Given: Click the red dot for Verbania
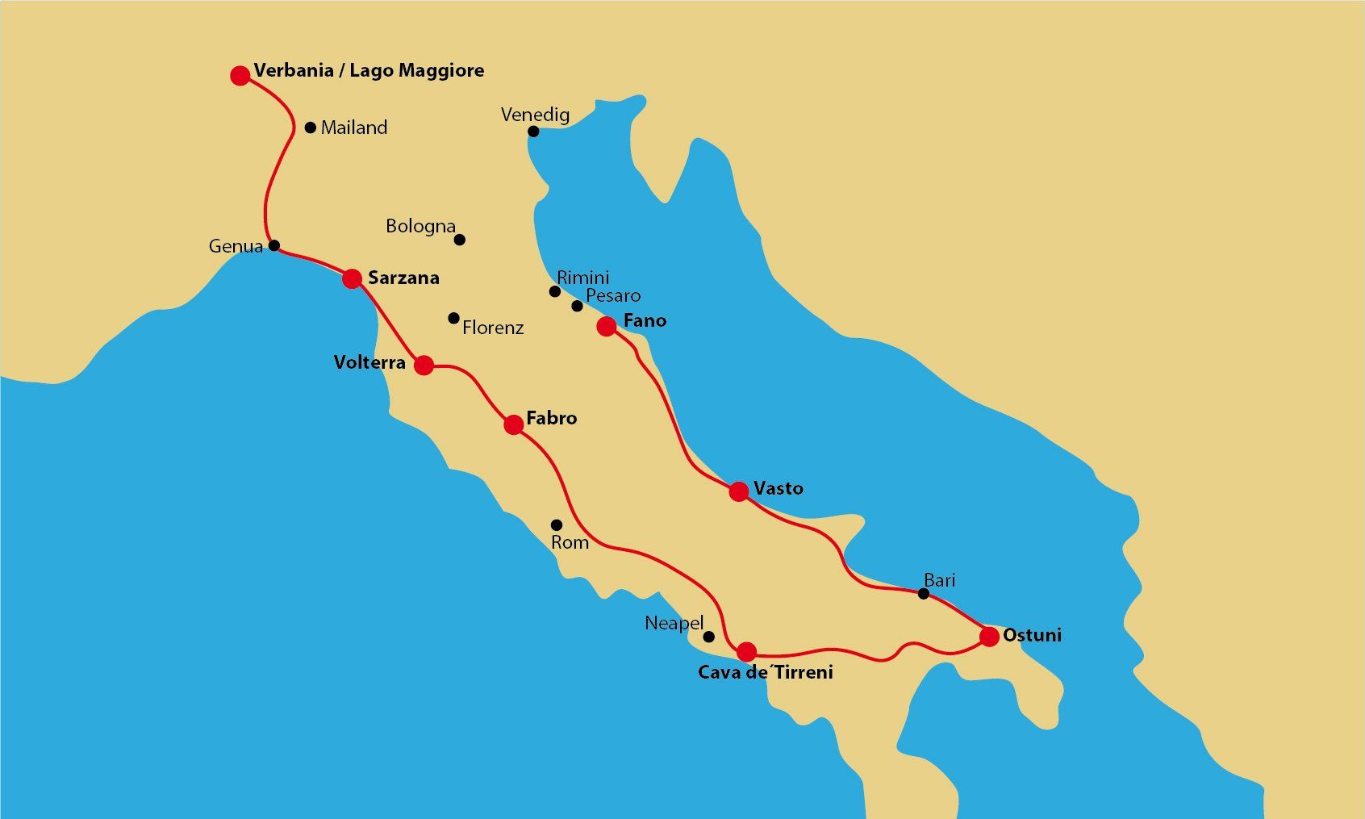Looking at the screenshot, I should point(240,76).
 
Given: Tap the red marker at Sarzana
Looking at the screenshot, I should point(352,278).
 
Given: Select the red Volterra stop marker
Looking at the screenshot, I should point(424,366).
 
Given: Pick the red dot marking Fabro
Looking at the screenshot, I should point(514,424).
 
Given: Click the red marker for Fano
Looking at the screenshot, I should point(607,326).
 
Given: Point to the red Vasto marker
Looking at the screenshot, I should point(739,491).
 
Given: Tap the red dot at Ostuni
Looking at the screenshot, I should point(989,637).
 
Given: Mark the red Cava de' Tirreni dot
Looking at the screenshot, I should point(747,651).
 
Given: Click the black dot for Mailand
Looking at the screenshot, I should point(311,127).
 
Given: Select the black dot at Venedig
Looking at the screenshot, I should point(533,132).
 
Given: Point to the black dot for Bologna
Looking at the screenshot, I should point(460,240).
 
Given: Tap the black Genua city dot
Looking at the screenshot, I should point(274,245).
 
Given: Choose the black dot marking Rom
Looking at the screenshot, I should point(557,525).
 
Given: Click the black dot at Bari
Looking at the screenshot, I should point(924,594).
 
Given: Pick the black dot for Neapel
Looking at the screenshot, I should point(709,637).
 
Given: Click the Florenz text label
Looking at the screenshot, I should point(493,328).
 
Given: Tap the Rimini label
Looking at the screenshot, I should point(583,278).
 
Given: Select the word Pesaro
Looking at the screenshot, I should point(613,295).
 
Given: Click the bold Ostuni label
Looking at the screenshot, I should point(1032,635).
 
